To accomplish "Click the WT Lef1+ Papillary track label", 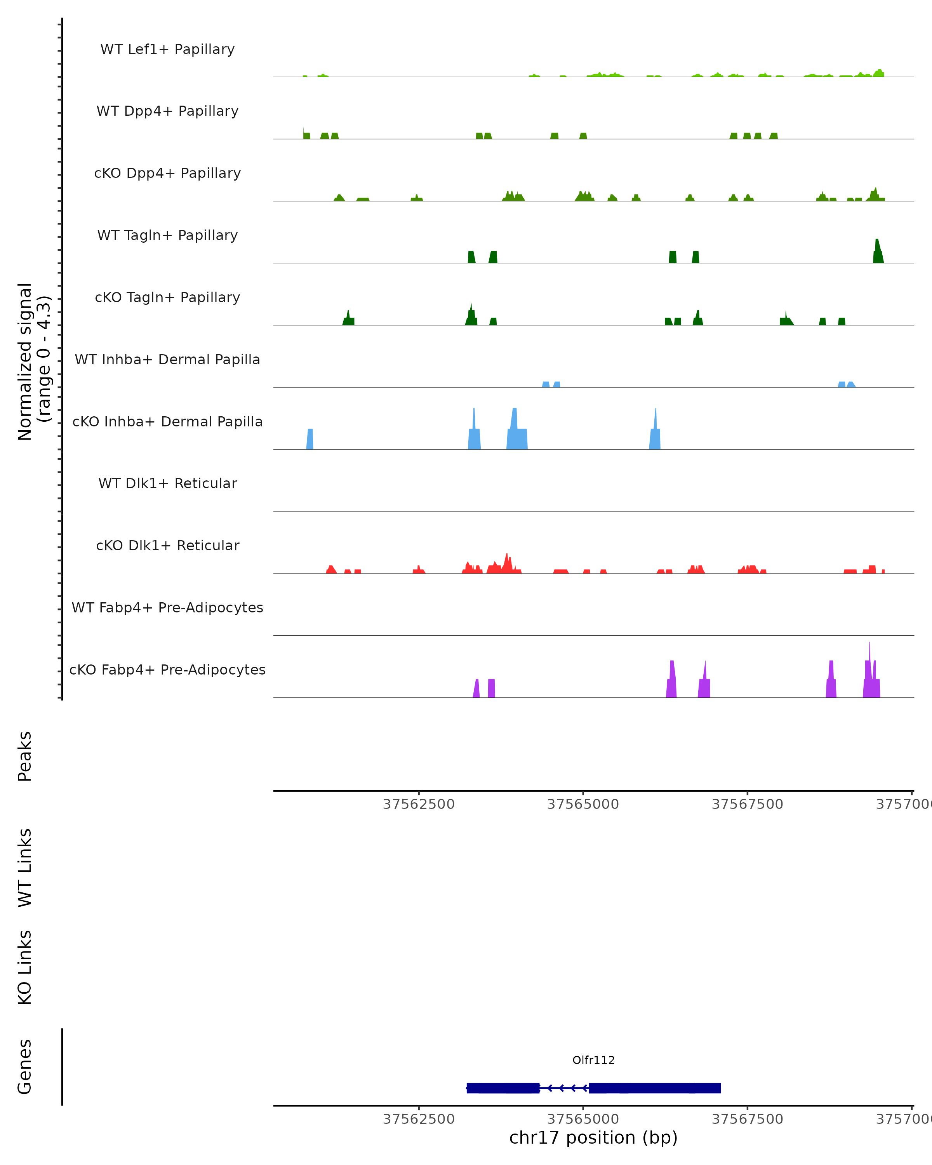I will [167, 49].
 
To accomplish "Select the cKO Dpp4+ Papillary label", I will [167, 174].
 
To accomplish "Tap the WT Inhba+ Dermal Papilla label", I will [167, 360].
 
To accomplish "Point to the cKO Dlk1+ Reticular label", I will [167, 546].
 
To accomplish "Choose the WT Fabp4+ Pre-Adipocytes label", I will [167, 608].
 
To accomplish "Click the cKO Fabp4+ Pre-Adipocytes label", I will [167, 670].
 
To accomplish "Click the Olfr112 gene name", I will [593, 1060].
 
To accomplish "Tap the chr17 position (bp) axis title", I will [593, 1138].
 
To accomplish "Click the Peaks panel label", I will [25, 756].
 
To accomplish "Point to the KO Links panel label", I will [25, 968].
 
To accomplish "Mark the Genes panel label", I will [25, 1067].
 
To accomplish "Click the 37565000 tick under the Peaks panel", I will [583, 805].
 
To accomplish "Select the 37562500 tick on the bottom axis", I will [419, 1119].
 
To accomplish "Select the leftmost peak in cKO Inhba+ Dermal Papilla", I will [310, 439].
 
